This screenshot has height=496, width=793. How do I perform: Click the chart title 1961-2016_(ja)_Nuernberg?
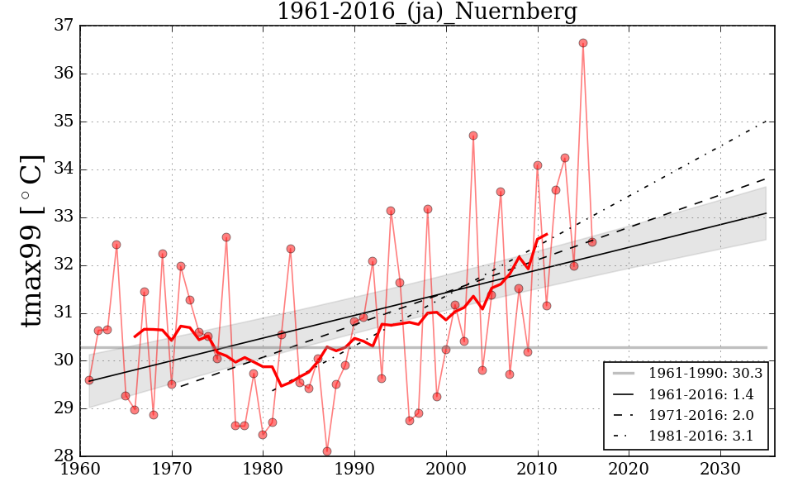pyautogui.click(x=426, y=12)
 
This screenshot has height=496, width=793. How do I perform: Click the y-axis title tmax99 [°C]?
pyautogui.click(x=31, y=241)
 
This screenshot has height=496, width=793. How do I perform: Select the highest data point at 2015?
pyautogui.click(x=583, y=43)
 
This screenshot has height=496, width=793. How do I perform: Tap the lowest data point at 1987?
pyautogui.click(x=327, y=451)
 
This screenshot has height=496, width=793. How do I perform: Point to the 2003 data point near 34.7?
pyautogui.click(x=473, y=136)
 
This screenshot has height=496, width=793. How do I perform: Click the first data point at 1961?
pyautogui.click(x=89, y=380)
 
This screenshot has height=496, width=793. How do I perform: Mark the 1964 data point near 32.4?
pyautogui.click(x=116, y=245)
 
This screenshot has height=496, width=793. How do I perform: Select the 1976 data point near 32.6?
pyautogui.click(x=226, y=237)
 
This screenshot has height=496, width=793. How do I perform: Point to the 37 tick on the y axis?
pyautogui.click(x=64, y=26)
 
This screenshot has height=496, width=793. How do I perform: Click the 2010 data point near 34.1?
pyautogui.click(x=538, y=165)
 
